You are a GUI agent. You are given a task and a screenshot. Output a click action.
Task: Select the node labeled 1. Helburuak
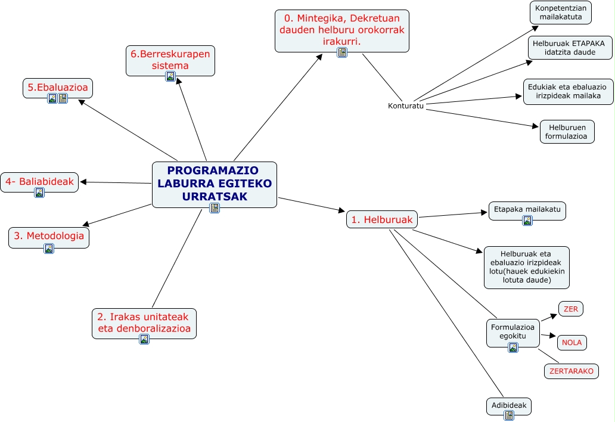pos(381,219)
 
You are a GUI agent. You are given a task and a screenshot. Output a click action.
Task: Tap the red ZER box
pos(570,309)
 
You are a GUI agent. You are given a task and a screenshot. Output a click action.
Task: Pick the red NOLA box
pos(571,343)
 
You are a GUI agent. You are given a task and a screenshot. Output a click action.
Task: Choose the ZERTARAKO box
pos(571,371)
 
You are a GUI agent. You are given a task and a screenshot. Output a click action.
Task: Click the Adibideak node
pos(508,405)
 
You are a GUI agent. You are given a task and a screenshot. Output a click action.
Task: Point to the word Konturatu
pos(405,106)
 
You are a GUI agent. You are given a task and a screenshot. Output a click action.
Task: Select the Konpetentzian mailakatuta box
pos(560,13)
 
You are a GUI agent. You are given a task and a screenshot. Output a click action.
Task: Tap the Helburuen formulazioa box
pos(567,132)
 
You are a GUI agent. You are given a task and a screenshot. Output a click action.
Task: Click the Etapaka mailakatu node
pos(527,210)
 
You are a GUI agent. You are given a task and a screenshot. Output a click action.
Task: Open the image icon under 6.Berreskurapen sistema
pos(170,76)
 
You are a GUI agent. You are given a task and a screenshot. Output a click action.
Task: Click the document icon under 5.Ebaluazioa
pos(63,98)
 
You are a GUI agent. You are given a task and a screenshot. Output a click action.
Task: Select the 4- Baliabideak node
pos(39,181)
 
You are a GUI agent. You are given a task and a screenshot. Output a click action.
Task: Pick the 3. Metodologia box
pos(49,236)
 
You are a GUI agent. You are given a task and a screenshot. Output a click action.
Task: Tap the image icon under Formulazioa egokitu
pos(512,347)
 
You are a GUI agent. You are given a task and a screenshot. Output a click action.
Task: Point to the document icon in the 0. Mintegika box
pos(342,52)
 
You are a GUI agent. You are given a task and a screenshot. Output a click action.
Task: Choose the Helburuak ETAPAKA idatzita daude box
pos(570,48)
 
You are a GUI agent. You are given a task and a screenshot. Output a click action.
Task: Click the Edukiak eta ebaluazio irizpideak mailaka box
pos(567,91)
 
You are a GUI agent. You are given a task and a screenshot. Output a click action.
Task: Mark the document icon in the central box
pos(215,207)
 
